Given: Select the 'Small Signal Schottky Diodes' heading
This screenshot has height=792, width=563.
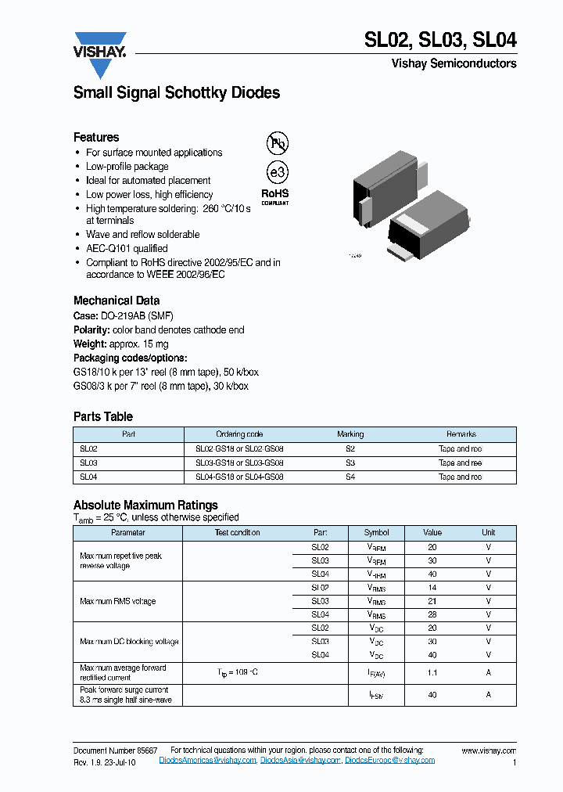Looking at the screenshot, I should (x=177, y=93).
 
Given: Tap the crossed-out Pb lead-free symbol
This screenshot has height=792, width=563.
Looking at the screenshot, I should (x=277, y=142).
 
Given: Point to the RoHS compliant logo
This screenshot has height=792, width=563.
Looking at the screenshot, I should (x=274, y=196).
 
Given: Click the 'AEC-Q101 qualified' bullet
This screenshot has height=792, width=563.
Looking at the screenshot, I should (x=127, y=249).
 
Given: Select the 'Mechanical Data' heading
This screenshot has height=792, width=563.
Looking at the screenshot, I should (x=117, y=301).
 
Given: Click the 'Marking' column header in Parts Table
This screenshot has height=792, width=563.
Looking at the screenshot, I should (x=350, y=434).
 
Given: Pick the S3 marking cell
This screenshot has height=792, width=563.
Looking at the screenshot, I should (x=350, y=463).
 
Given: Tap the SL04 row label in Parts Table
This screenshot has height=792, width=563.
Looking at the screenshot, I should (x=88, y=477).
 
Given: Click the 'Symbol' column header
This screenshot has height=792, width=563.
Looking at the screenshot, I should (x=377, y=533).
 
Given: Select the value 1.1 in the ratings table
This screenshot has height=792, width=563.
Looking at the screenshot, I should (x=432, y=673).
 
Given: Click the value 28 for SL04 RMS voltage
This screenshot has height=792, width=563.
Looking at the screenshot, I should (x=432, y=614).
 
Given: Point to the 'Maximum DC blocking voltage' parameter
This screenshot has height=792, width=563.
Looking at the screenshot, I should (x=129, y=642).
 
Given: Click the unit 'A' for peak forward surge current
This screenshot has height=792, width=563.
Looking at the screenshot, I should (x=489, y=694).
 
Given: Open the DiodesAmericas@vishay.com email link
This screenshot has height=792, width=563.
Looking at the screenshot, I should (x=207, y=761).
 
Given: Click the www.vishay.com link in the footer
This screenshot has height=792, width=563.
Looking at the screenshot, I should (x=489, y=751).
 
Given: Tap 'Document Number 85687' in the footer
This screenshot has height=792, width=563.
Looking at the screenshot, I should (x=115, y=751).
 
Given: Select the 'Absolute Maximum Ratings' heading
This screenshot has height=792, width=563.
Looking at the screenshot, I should (x=145, y=505).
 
